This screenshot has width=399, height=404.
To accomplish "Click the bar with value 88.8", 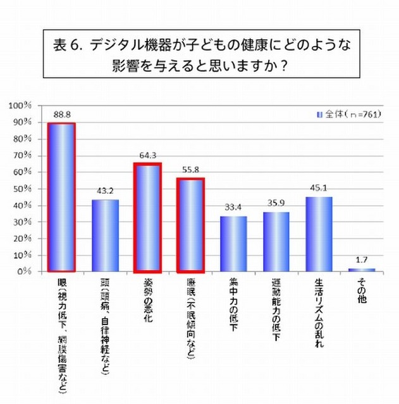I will (x=62, y=197).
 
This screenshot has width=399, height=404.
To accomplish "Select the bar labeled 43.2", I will (x=105, y=235).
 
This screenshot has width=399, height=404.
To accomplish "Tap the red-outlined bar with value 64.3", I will (x=147, y=218).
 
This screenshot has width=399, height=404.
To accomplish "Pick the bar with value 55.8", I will (x=190, y=225).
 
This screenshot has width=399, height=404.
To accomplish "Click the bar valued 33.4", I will (x=233, y=244).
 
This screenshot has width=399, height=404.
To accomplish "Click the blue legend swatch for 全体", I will (x=319, y=114).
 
